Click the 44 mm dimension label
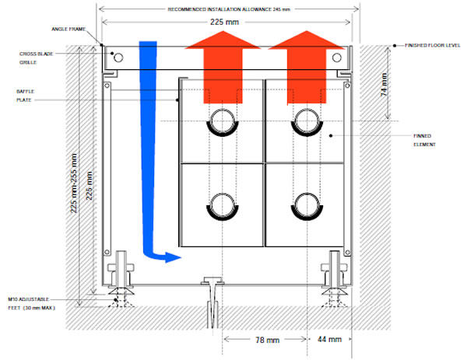tap(330, 340)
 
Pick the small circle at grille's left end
tap(118, 57)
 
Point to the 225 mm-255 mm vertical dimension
tap(74, 183)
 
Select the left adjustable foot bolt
tap(121, 272)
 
